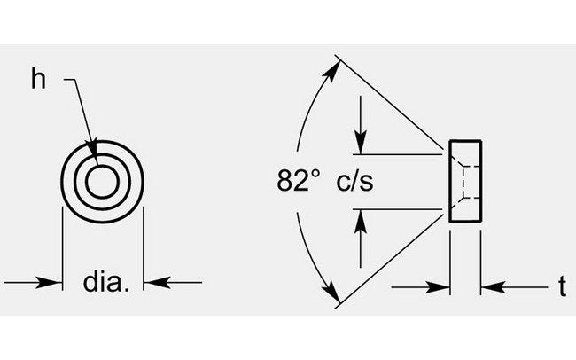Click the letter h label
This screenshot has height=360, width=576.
tap(37, 79)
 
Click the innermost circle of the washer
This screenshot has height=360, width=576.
tap(103, 181)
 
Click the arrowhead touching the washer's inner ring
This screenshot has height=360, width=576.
tap(91, 147)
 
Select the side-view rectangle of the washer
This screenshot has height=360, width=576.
tap(466, 181)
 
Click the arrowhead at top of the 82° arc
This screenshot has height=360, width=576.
tap(334, 67)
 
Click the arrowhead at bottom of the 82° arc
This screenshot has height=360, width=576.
tap(334, 296)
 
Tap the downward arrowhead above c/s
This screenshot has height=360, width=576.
tap(360, 142)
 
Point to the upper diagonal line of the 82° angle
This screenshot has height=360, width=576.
tap(390, 102)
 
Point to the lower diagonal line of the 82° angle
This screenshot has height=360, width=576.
tap(390, 261)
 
